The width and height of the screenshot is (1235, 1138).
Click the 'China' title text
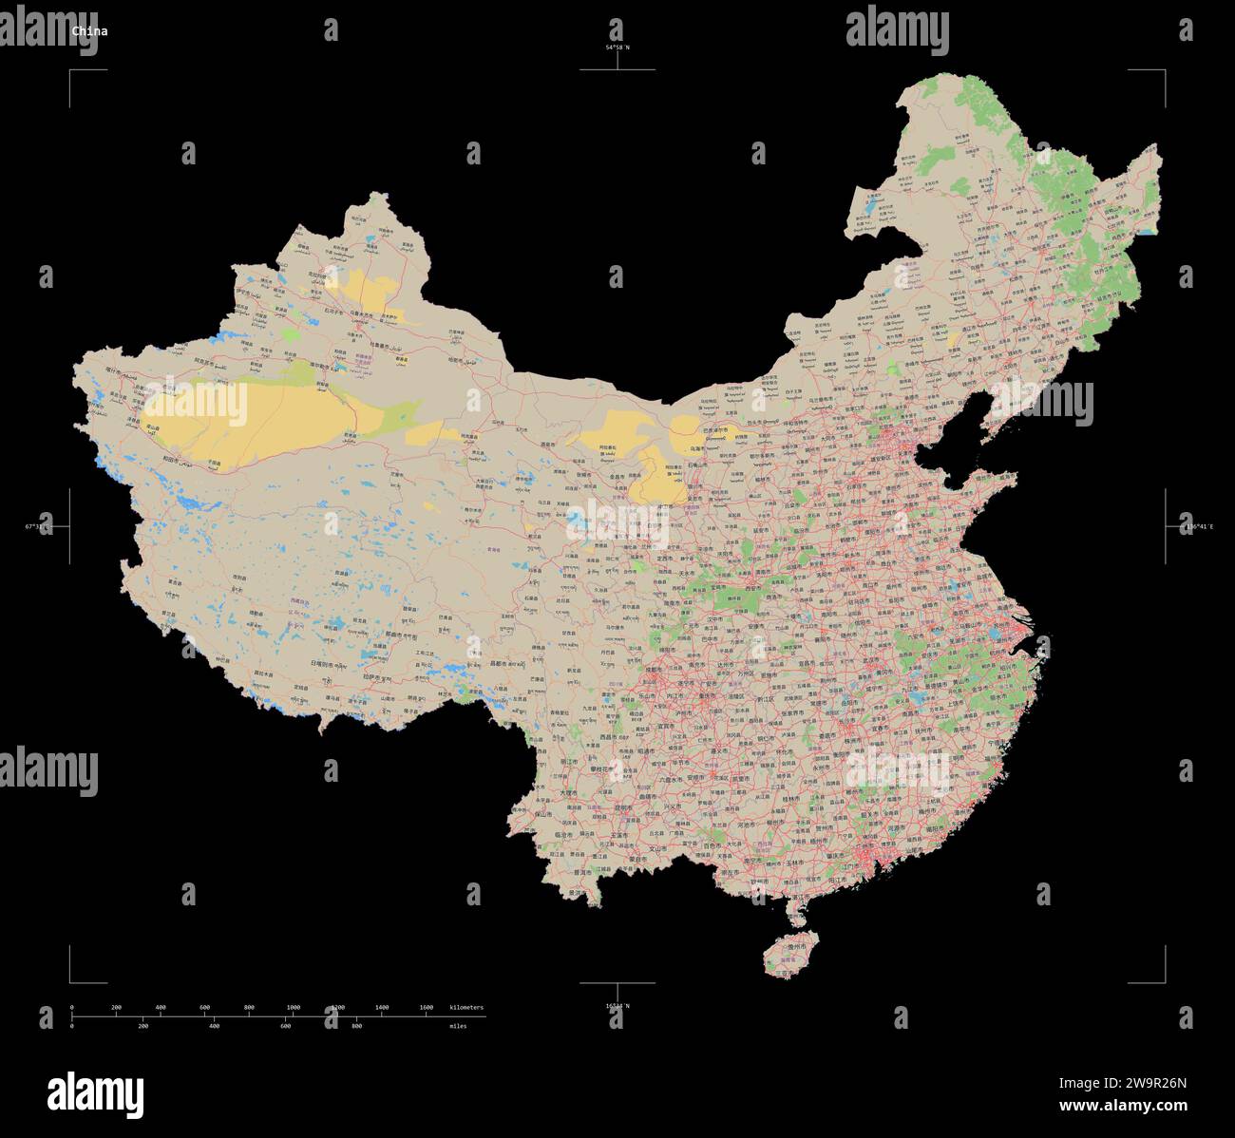click(90, 30)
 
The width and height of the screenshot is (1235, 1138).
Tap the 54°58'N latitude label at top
click(617, 47)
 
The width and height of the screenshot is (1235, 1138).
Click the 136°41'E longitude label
click(1196, 526)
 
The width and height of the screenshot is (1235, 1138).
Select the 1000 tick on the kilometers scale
click(293, 1007)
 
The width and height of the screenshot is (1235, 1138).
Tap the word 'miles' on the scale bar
click(460, 1026)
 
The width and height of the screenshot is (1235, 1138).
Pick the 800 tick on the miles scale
click(356, 1026)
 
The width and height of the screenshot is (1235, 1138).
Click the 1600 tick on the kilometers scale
click(426, 1007)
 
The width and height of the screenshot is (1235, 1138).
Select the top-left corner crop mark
click(71, 71)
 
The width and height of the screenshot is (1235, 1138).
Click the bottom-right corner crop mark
click(1164, 981)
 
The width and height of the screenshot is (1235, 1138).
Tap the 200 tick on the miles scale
click(142, 1026)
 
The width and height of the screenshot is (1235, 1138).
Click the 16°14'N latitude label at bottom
click(617, 1006)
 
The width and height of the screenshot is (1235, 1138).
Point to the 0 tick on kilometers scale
click(72, 1007)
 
